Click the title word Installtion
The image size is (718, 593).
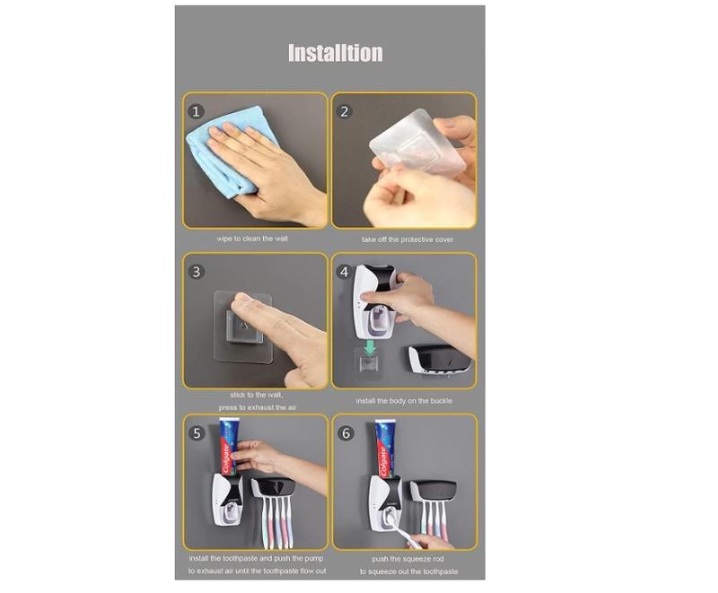[335, 53]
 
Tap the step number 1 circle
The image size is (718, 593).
[196, 111]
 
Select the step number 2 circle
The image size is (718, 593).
[345, 111]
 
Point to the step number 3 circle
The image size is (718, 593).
[197, 272]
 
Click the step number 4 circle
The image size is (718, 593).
[345, 272]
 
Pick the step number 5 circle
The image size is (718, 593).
[197, 433]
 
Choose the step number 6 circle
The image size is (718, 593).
[346, 433]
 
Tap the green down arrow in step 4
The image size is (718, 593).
[370, 347]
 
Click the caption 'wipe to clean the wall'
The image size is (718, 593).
[252, 239]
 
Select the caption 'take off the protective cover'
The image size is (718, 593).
[407, 240]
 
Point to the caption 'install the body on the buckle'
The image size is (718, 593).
[404, 401]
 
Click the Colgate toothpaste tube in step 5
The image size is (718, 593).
[228, 447]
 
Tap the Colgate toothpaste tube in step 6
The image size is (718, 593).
[385, 449]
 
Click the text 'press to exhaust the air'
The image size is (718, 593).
[258, 407]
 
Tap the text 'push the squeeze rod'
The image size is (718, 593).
[408, 559]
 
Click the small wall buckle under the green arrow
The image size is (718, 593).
[370, 362]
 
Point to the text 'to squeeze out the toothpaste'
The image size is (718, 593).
[408, 571]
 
